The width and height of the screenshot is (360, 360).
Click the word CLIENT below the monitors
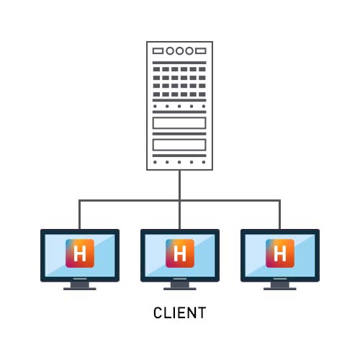pos(180,312)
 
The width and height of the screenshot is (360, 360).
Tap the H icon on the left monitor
pos(80,253)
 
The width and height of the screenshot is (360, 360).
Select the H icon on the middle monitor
pos(180,253)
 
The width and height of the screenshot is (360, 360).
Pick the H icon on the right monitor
pos(280,253)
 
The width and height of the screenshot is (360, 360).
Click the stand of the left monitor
pos(80,286)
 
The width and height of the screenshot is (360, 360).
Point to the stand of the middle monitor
pos(180,286)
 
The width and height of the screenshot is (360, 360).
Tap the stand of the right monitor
pos(280,286)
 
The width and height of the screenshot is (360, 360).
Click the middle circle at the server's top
pos(179,51)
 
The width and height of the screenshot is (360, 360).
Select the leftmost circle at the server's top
pos(170,51)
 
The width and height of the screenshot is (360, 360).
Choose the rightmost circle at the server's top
pos(189,51)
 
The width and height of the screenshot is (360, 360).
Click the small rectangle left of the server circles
pos(158,51)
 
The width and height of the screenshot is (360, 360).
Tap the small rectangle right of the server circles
pos(201,51)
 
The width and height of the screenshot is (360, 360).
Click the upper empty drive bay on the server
pos(179,123)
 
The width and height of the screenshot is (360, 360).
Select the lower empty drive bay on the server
pos(179,145)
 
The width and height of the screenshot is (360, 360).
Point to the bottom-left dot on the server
pos(155,162)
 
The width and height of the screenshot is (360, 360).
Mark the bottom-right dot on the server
pos(204,162)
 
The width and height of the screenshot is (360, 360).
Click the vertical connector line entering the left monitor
pos(79,215)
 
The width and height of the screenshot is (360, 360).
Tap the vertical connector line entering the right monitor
pos(279,215)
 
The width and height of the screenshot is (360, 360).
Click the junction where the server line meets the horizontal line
pos(180,200)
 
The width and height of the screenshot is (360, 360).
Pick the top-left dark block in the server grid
pos(156,69)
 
